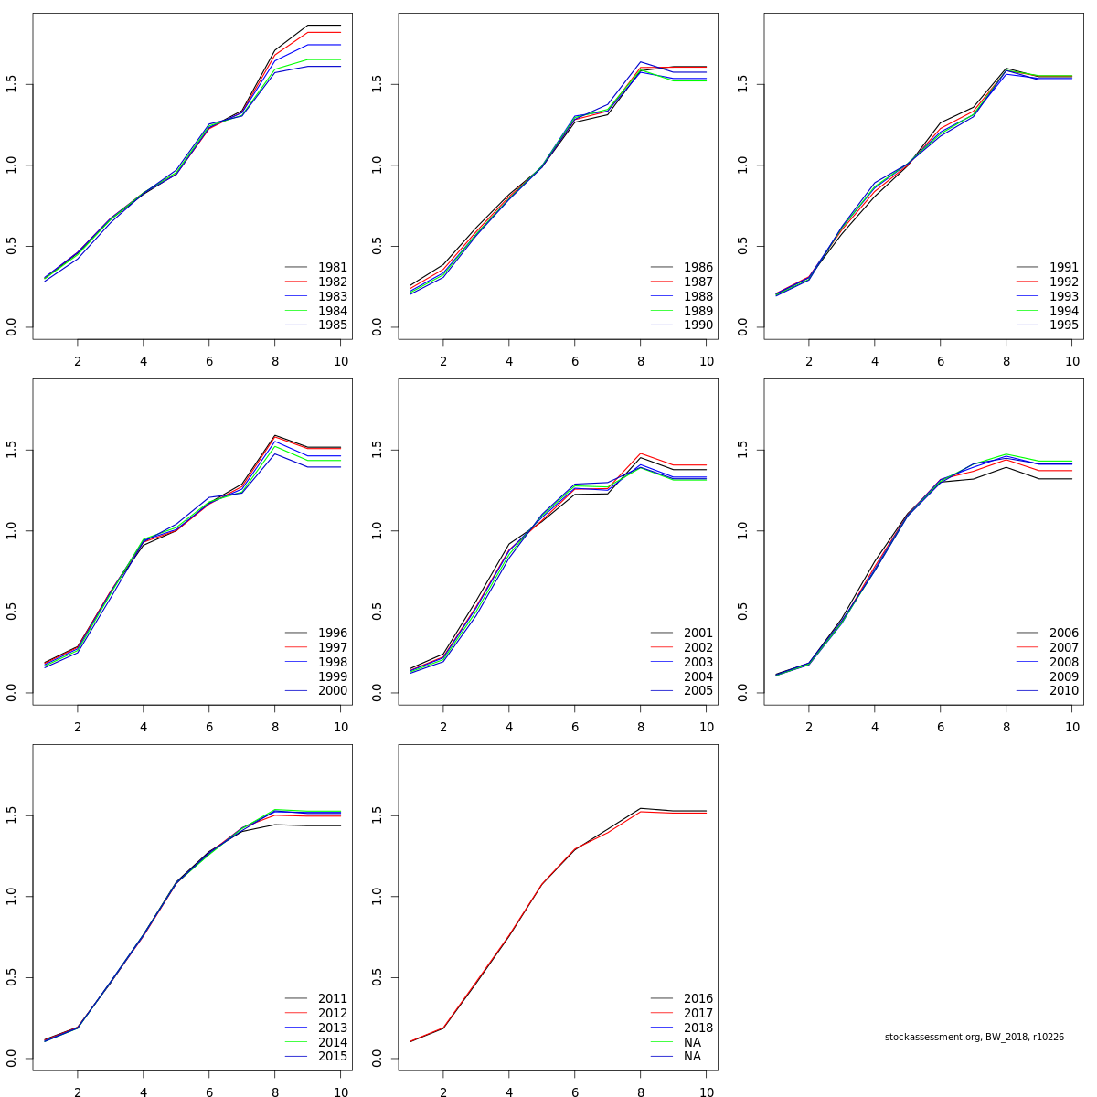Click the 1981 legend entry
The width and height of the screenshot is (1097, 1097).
pos(332,268)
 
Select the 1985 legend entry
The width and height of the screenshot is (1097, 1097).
pos(332,325)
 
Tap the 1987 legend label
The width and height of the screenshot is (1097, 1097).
pos(698,282)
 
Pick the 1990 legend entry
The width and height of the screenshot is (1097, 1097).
pos(698,325)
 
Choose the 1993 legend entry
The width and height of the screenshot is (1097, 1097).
pos(1063,297)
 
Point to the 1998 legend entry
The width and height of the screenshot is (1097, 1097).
pos(332,662)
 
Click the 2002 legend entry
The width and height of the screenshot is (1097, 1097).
pos(698,648)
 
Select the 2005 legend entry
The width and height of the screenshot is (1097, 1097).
pos(698,691)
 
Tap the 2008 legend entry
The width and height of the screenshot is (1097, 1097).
pos(1063,662)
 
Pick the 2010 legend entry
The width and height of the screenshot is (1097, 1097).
pos(1063,691)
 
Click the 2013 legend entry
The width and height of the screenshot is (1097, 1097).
pos(332,1028)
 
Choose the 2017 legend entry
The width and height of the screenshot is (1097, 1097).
pos(698,1014)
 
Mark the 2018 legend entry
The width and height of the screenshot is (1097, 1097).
pos(698,1028)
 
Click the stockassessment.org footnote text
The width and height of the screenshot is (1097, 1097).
pos(974,1038)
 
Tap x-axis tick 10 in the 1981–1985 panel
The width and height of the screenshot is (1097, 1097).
pos(341,361)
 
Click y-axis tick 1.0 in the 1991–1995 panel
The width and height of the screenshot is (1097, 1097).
pos(742,165)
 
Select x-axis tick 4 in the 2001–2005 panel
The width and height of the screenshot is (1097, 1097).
pos(509,727)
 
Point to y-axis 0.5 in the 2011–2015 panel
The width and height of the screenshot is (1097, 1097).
pos(11,978)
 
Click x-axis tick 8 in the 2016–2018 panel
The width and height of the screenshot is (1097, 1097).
pos(641,1092)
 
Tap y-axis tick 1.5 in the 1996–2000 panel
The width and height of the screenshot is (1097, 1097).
pos(11,450)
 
